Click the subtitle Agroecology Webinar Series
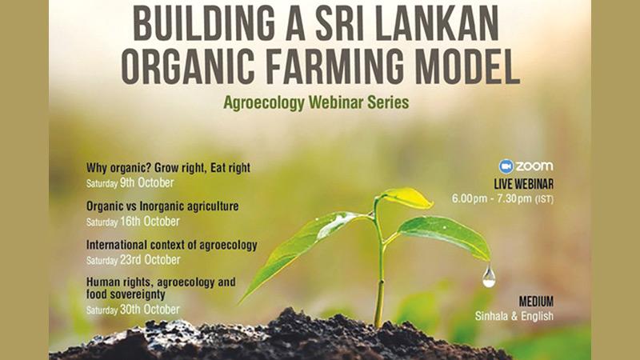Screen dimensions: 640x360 (x=316, y=102)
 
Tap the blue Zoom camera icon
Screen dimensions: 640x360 (x=506, y=166)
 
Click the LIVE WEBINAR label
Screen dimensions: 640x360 (x=524, y=184)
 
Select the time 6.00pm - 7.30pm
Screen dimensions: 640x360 (x=491, y=198)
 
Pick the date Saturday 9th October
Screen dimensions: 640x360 (x=130, y=183)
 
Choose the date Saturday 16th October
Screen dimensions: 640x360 (x=133, y=222)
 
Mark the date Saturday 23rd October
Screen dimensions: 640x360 (x=133, y=260)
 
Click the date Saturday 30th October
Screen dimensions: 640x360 (x=133, y=310)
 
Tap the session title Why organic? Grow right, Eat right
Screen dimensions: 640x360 (x=168, y=168)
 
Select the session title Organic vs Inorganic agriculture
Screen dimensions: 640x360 (x=162, y=206)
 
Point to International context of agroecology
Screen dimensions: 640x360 (x=171, y=245)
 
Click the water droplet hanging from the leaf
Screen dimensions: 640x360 (x=489, y=276)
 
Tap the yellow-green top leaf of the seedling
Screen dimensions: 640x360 (x=408, y=198)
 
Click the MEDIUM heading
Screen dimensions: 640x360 (x=536, y=302)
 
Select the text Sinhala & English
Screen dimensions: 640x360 (x=514, y=316)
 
